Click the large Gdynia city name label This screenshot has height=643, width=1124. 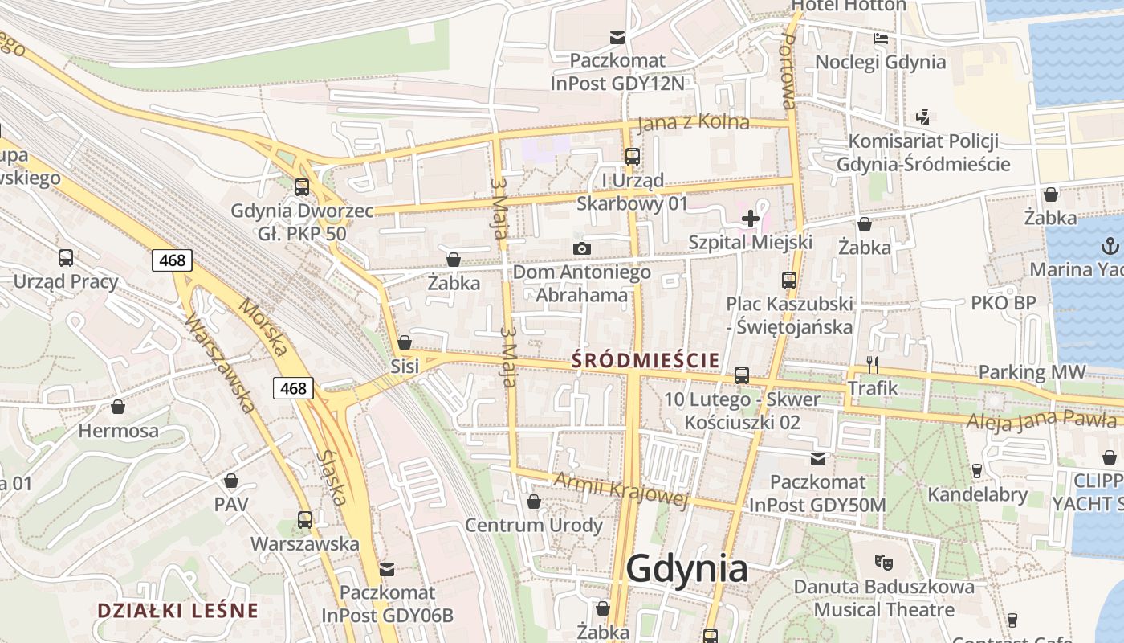(x=686, y=568)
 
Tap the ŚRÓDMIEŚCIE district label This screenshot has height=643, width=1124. (x=645, y=361)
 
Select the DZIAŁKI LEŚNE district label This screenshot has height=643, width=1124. (x=177, y=611)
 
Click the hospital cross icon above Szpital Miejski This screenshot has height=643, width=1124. (x=751, y=218)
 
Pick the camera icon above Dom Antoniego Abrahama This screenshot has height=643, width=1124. (x=582, y=248)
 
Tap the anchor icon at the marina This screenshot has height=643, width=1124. (x=1111, y=245)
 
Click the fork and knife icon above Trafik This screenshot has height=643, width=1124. (x=873, y=364)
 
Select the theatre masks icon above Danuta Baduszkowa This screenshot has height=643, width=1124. (x=884, y=562)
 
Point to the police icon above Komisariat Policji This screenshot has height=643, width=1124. (x=923, y=117)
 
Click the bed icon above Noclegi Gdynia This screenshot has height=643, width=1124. (x=881, y=38)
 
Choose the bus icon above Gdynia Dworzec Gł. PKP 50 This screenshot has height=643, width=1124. (x=301, y=186)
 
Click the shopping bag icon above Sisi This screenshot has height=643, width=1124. (x=405, y=342)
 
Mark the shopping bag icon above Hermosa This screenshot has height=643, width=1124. (x=118, y=407)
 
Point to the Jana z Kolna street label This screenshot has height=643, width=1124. (x=693, y=123)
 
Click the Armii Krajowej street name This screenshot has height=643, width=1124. (x=622, y=489)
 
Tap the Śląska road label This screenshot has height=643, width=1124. (x=332, y=477)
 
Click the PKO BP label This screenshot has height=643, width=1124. (x=1003, y=303)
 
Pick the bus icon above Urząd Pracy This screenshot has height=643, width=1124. (x=66, y=258)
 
